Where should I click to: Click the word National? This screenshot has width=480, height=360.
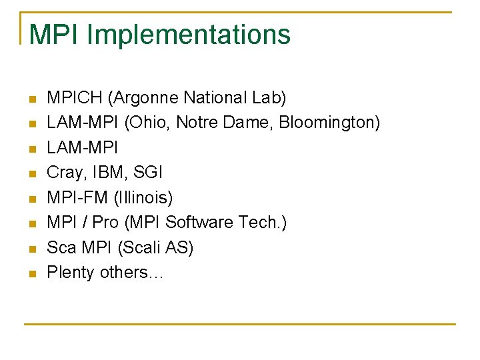point(213,98)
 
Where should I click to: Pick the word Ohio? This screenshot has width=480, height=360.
point(144,123)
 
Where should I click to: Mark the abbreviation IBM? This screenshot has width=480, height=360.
point(109,173)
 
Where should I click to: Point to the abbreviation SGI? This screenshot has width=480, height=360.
point(149,173)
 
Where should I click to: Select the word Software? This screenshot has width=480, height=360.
point(201,223)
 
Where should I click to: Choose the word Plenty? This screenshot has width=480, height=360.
point(71,273)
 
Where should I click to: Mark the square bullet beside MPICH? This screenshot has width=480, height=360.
point(31,100)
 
